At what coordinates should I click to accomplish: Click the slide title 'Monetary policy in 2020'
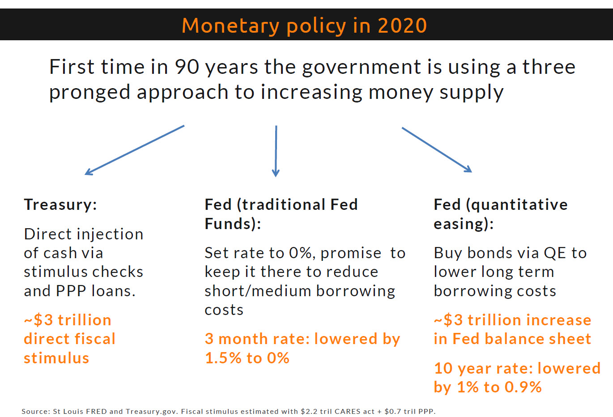(x=304, y=26)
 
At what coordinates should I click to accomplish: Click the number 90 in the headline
(x=187, y=67)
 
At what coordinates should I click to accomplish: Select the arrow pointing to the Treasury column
(x=134, y=150)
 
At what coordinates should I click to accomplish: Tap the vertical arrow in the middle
(x=276, y=151)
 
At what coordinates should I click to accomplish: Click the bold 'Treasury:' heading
(x=60, y=204)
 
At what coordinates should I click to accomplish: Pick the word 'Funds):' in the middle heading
(x=233, y=224)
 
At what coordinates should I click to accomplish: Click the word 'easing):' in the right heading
(x=464, y=224)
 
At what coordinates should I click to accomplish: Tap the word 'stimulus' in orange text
(x=56, y=358)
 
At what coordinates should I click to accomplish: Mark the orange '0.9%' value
(x=523, y=387)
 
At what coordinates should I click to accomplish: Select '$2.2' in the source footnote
(x=308, y=411)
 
